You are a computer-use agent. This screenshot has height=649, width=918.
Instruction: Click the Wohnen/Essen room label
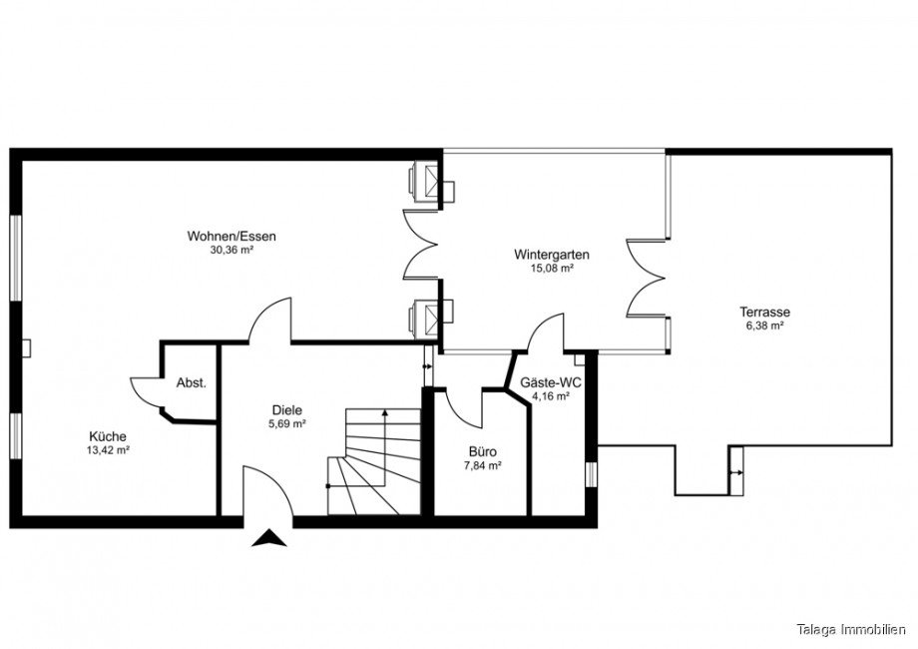click(231, 237)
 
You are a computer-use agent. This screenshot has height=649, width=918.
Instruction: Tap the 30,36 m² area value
click(231, 250)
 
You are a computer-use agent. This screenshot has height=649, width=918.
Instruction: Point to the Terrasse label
click(764, 312)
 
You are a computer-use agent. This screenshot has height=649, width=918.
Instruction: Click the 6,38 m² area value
click(764, 325)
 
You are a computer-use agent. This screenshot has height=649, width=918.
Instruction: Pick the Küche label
click(108, 436)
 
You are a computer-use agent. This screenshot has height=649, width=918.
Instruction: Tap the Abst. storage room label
click(192, 383)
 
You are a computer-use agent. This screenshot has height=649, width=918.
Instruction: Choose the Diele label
click(287, 410)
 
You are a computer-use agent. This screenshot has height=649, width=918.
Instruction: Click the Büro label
click(482, 451)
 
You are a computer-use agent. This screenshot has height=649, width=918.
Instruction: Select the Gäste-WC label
click(551, 383)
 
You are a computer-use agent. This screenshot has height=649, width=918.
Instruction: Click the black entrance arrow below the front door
click(268, 538)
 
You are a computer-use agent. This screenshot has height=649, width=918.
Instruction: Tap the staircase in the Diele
click(374, 462)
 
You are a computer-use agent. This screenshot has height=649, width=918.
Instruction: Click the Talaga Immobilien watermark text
click(851, 630)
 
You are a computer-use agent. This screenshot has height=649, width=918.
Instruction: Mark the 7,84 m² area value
click(482, 466)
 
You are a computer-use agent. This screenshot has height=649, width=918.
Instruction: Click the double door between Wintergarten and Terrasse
click(647, 279)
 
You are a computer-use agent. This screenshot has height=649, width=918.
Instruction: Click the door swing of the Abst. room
click(147, 394)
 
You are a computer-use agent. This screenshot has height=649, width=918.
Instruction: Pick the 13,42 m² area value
click(108, 450)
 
